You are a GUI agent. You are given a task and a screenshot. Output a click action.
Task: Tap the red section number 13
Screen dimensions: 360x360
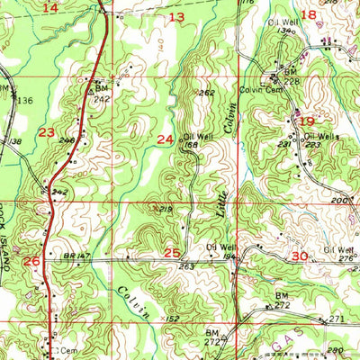(x=176, y=17)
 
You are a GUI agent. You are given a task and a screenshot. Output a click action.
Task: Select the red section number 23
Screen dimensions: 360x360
(x=48, y=131)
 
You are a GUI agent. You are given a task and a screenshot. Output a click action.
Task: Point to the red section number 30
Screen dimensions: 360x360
(x=300, y=256)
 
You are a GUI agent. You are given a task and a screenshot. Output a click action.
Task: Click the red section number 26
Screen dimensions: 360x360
(x=31, y=261)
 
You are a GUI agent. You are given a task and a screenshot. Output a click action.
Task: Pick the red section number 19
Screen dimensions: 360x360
(x=307, y=121)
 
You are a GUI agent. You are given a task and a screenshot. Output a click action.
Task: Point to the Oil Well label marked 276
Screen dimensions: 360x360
(x=339, y=253)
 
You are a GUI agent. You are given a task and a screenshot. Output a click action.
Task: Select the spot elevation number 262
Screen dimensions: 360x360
(x=208, y=93)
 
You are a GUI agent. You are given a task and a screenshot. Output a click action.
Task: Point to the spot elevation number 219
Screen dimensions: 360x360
(x=165, y=209)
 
